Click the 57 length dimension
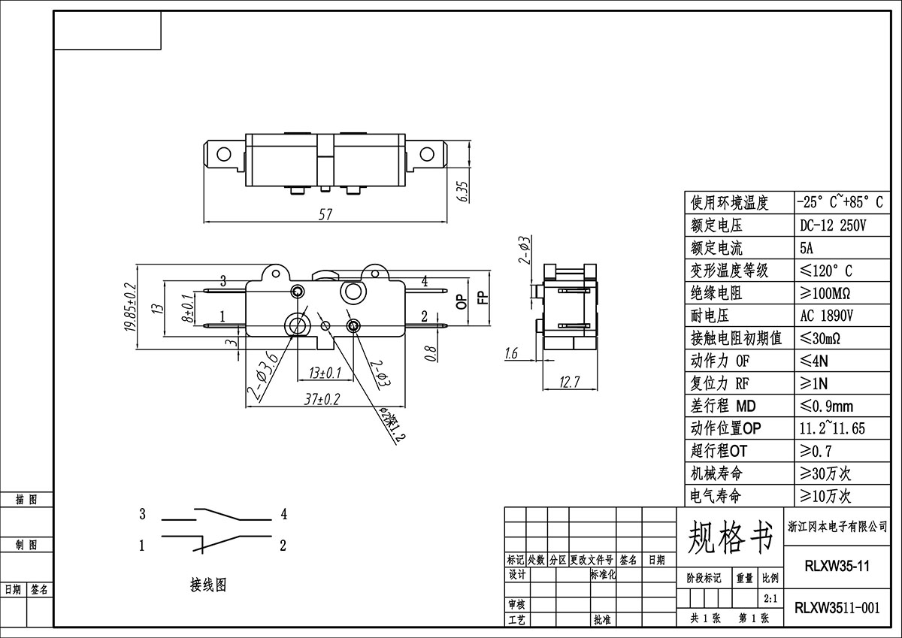coord(325,214)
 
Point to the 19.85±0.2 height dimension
coord(131,307)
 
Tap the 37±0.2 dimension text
coord(322,399)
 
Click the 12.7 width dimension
coord(570,382)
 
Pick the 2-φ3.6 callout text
coord(262,377)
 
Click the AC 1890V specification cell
coord(826,316)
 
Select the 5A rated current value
coord(807,248)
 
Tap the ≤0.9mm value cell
coord(826,406)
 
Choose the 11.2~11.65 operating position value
coord(832,428)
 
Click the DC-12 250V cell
coord(832,225)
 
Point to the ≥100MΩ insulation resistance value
coord(825,293)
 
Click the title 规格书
coord(730,537)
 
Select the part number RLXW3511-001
coord(837,608)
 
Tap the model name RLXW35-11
coord(837,566)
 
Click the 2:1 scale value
coord(770,599)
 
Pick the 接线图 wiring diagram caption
coord(208,585)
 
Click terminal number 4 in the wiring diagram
coord(284,514)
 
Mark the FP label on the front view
coord(483,297)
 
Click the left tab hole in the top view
coord(223,154)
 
